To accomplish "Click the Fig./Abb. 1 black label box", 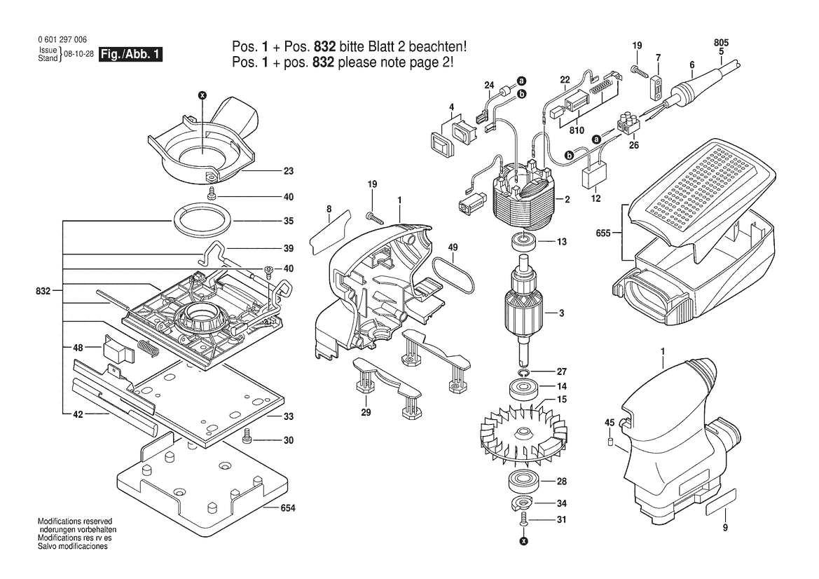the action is (x=130, y=55).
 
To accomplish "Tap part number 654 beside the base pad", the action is (x=288, y=508).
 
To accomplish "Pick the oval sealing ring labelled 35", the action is (x=201, y=220).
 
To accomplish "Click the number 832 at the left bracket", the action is (x=43, y=291).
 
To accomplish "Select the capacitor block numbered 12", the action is (x=593, y=179).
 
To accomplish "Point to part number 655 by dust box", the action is (x=603, y=233).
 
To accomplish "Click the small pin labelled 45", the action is (x=610, y=442).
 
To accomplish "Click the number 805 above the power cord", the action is (x=722, y=42).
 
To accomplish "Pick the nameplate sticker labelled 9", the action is (x=720, y=503).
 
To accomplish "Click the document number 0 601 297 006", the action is (x=62, y=40).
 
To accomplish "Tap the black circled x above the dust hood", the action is (x=203, y=95).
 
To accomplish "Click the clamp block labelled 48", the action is (x=119, y=348).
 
